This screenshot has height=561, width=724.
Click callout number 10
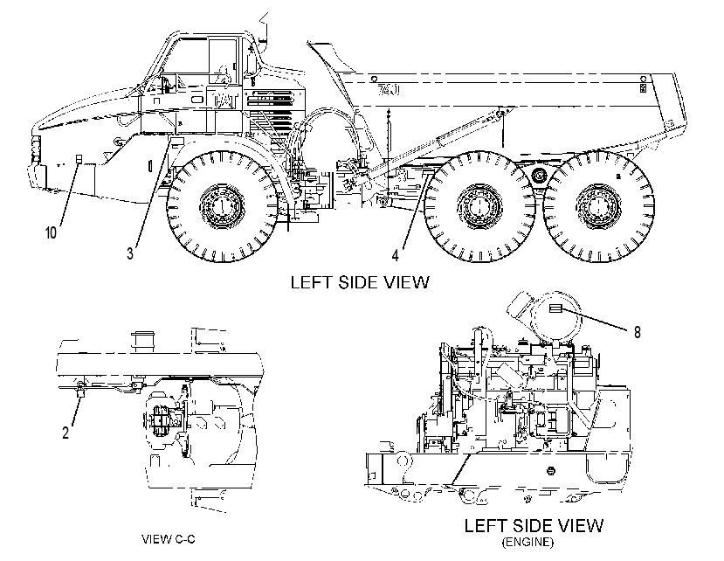point(51,232)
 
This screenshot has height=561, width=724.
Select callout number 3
point(130,253)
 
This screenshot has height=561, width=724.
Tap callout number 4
point(396,255)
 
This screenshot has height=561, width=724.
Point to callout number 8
point(638,332)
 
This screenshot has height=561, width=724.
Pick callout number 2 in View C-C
point(66,433)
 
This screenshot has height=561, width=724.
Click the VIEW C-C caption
point(168,539)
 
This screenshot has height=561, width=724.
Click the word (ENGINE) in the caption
point(527,542)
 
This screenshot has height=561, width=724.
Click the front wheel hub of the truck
point(221,206)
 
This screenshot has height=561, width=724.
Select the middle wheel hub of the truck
point(479,205)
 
